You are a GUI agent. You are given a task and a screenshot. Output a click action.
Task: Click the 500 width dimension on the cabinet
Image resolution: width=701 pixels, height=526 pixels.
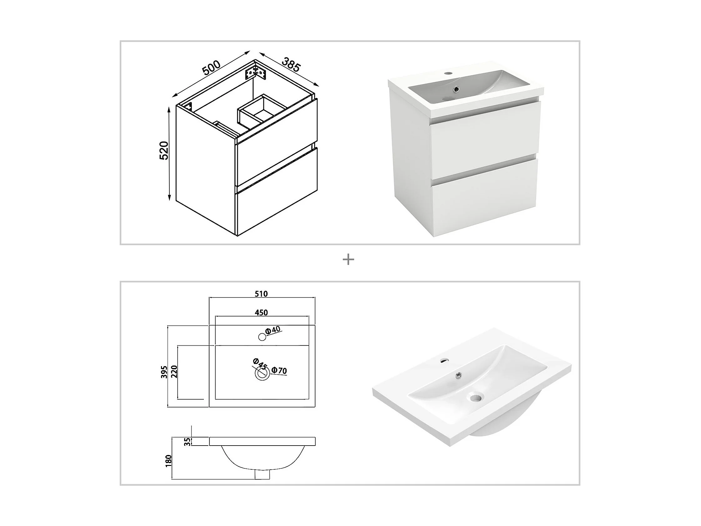211,68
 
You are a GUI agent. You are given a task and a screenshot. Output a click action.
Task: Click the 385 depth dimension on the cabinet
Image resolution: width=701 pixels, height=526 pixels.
290,64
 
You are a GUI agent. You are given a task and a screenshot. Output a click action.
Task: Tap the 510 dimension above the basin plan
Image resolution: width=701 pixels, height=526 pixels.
261,294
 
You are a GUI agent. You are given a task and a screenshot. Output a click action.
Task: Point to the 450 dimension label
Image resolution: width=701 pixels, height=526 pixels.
261,313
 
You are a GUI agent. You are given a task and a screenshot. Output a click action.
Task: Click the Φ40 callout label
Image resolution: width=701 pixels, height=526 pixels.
273,330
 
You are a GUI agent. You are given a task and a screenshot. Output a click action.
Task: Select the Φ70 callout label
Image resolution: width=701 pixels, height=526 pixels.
279,370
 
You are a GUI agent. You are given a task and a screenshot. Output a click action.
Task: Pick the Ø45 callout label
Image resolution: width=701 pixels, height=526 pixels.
260,363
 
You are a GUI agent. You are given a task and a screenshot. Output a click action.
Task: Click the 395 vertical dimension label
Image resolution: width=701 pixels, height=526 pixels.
164,372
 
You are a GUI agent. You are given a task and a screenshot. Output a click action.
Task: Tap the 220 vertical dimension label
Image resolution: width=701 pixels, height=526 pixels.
174,372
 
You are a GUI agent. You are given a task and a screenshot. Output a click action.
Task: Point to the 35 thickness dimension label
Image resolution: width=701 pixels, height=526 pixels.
188,442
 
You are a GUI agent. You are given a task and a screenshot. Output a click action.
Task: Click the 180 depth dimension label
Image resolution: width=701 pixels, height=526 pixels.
168,461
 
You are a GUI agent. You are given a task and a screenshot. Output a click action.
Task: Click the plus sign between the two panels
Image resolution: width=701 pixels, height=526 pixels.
348,260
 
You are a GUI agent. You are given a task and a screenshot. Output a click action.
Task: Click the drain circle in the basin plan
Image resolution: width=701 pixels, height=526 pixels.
262,373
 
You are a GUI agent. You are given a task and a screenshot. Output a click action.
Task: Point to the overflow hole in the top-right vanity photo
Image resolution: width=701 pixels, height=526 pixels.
456,89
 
